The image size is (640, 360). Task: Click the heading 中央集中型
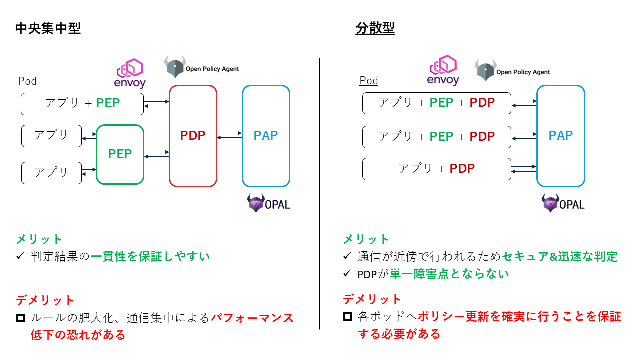click(x=48, y=28)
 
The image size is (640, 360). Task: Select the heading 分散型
click(x=375, y=28)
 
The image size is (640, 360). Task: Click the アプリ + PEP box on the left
click(x=82, y=104)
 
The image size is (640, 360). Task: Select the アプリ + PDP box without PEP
click(x=437, y=169)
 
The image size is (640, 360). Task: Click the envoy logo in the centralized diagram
click(x=130, y=73)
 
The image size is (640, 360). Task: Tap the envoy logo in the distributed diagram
click(x=443, y=70)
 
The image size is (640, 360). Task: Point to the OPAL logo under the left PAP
click(x=268, y=203)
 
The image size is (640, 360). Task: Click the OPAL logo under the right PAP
click(x=563, y=203)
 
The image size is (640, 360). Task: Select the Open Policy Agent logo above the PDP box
click(x=201, y=67)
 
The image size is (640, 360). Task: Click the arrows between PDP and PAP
click(x=229, y=135)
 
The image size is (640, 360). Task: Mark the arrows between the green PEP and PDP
click(x=157, y=154)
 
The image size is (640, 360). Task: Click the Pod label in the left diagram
click(x=27, y=81)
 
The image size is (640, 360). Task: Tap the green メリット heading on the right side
click(x=366, y=239)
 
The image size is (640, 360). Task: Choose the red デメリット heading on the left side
click(x=45, y=300)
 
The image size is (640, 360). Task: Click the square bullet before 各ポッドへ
click(x=347, y=317)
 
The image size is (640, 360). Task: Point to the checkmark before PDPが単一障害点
click(x=347, y=273)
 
